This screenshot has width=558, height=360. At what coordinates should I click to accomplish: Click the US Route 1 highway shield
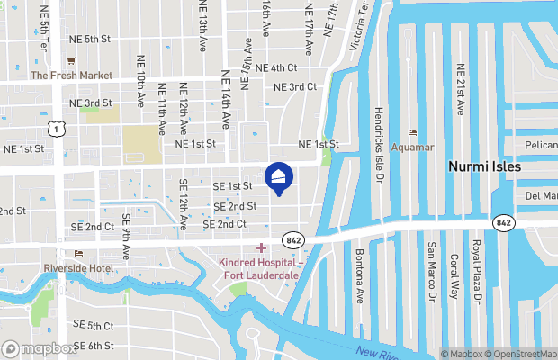(57, 130)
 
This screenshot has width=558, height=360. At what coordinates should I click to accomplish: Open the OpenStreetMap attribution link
(525, 354)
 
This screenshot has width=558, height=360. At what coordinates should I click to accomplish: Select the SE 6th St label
(94, 346)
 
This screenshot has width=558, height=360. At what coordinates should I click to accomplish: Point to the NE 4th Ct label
(275, 67)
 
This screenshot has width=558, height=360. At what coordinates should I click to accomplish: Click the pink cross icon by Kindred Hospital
(261, 247)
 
